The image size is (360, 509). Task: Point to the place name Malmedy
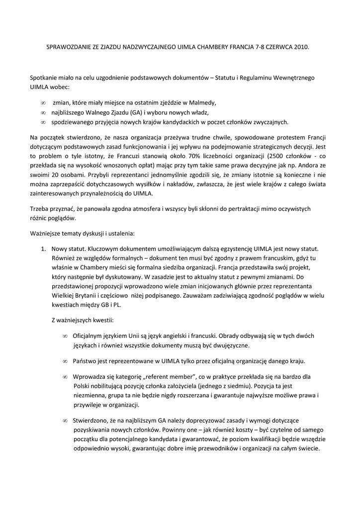202,103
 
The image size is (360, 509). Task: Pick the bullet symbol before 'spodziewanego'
43,122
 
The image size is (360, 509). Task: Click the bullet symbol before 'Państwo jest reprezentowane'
65,360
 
